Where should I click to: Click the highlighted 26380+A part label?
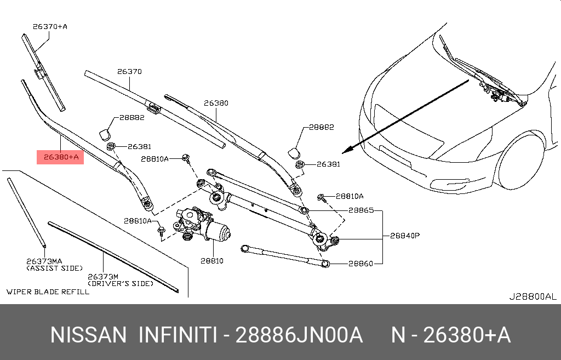coord(60,157)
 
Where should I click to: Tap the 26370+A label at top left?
coord(50,26)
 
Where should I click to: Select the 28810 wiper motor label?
coord(212,261)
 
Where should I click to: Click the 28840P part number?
coord(404,236)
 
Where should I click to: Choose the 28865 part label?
coord(361,210)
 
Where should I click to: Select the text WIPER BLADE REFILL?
coord(48,292)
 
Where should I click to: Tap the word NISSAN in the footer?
coord(88,335)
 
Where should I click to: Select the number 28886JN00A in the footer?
coord(299,335)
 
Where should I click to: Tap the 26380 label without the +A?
coord(216,102)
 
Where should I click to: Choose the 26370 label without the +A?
coord(129,71)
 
